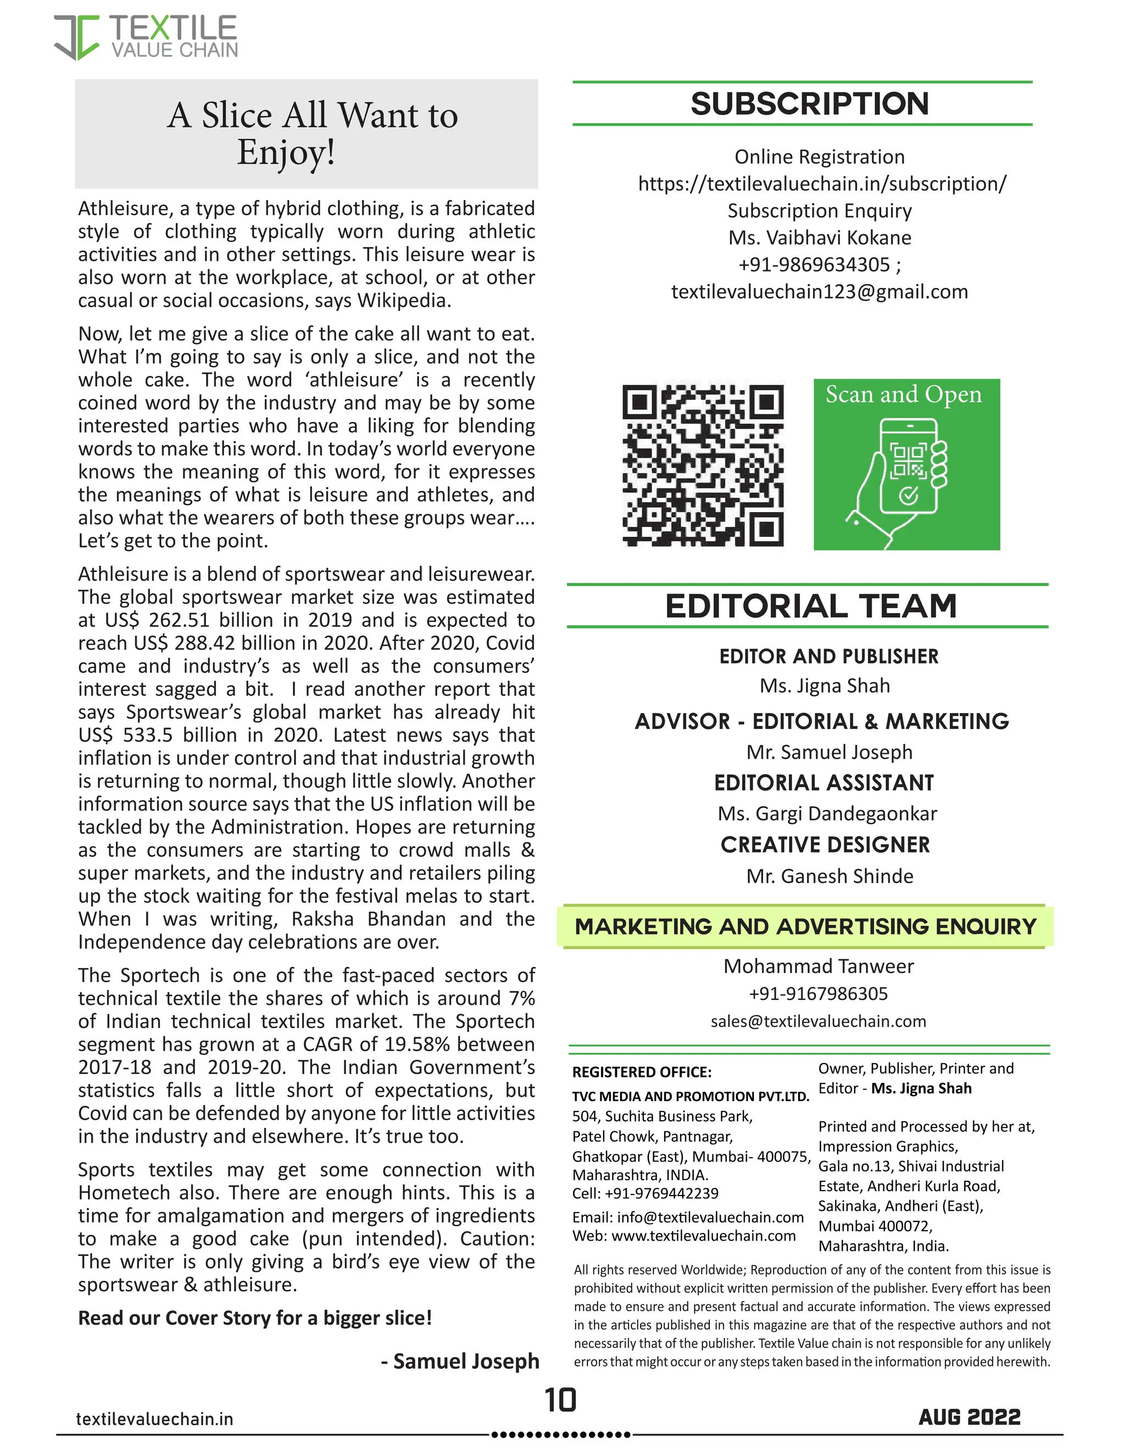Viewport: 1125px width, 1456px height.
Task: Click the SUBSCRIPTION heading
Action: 809,104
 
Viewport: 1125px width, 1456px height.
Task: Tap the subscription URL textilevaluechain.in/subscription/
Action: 822,184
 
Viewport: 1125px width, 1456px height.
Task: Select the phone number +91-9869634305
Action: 814,265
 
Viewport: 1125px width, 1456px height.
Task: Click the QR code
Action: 703,465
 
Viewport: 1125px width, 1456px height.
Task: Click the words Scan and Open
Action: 903,394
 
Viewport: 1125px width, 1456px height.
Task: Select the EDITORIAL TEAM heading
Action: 810,607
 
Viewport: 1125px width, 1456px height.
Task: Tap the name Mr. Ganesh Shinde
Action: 829,876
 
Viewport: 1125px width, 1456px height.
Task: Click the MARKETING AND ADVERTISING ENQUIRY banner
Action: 805,927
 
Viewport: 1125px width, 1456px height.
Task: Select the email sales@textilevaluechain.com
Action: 818,1021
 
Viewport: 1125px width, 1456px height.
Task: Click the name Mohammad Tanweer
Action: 818,966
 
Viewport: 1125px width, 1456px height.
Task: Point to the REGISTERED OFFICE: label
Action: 641,1072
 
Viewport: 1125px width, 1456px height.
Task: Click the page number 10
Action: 560,1401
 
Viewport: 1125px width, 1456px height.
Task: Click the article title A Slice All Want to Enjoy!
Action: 312,134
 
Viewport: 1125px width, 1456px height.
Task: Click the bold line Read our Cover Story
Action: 254,1318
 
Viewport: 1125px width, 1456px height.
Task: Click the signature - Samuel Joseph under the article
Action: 459,1360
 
